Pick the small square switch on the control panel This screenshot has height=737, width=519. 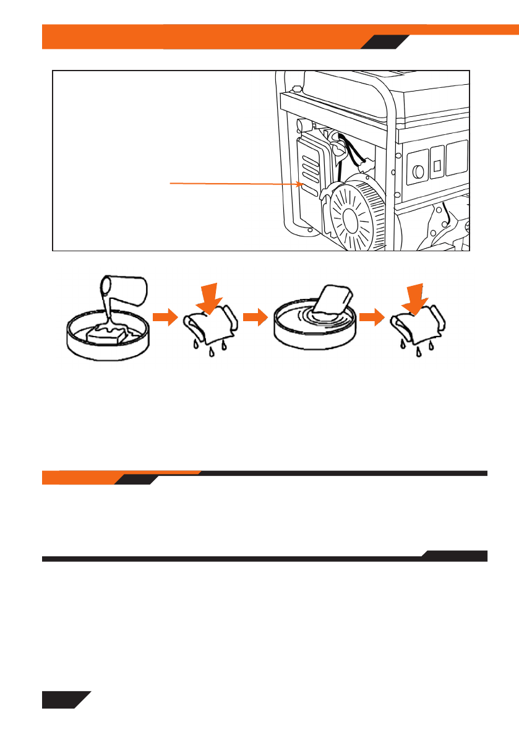click(437, 165)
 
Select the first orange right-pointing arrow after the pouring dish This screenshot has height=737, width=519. click(162, 317)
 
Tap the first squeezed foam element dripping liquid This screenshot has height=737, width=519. click(210, 326)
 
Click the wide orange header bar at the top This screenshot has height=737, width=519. click(204, 36)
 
